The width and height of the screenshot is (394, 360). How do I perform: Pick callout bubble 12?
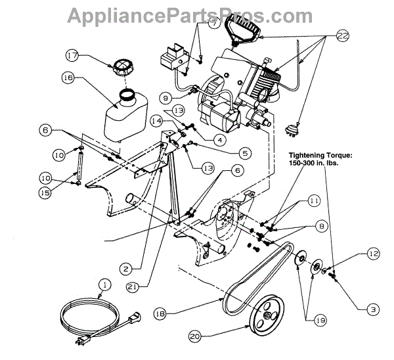(373, 253)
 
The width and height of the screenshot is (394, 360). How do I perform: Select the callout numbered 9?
(166, 98)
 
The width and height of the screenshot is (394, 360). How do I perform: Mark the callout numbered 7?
(213, 23)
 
